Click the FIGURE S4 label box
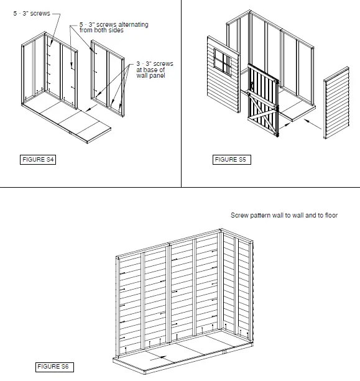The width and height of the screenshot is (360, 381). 38,160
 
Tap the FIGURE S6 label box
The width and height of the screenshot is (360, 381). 53,367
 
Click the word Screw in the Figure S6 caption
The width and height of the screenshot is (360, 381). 239,215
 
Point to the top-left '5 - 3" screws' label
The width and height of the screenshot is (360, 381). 32,12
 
